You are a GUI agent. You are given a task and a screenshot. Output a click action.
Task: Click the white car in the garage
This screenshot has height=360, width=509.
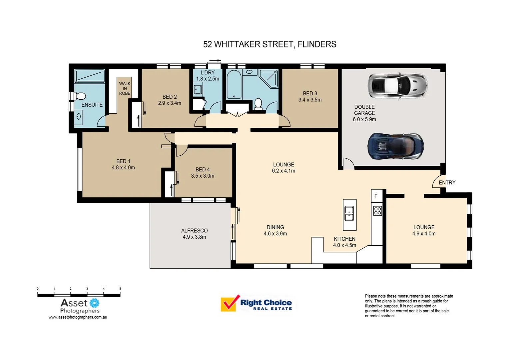[x=397, y=85]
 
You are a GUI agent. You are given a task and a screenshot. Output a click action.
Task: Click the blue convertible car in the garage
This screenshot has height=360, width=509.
[x=395, y=146]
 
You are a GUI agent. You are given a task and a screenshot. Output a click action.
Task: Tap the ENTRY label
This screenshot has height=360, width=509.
[x=447, y=183]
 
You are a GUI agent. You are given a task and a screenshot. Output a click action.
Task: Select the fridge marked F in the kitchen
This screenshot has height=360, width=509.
[x=376, y=196]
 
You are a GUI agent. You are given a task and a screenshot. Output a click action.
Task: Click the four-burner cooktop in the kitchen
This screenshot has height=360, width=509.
[x=377, y=211]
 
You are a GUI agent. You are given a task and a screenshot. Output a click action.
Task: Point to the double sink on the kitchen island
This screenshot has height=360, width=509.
[x=349, y=214]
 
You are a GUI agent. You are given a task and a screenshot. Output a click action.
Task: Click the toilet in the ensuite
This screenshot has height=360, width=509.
[x=79, y=96]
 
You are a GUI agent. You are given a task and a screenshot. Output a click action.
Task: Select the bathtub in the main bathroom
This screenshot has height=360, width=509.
[x=234, y=85]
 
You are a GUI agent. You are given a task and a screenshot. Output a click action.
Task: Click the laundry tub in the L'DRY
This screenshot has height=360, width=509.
[x=198, y=90]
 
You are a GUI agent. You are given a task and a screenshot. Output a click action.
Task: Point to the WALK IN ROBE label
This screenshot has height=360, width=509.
[x=125, y=89]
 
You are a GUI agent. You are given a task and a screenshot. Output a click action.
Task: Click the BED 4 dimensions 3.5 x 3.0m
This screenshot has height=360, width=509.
[x=203, y=176]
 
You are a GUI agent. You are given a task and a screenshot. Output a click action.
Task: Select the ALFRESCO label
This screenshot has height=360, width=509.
[x=194, y=231]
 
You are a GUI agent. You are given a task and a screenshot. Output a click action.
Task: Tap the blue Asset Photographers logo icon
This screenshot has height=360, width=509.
[x=95, y=303]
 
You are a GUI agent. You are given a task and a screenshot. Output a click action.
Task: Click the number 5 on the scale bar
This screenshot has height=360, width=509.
[x=120, y=289]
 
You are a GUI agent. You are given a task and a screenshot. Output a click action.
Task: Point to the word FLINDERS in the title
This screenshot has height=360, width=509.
[x=317, y=44]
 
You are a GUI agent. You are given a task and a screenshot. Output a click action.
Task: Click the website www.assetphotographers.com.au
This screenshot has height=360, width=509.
[x=78, y=317]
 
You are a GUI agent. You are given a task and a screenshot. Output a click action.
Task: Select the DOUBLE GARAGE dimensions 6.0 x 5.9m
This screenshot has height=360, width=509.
[x=364, y=119]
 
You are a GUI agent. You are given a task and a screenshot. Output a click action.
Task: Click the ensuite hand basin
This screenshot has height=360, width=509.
[x=79, y=117]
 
